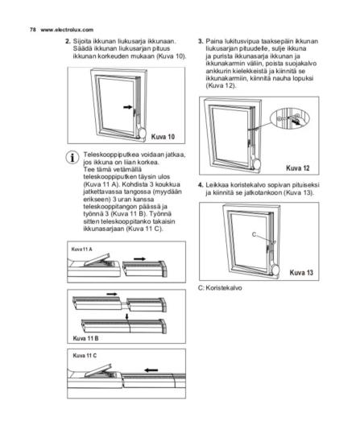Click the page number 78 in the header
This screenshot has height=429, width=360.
point(32,30)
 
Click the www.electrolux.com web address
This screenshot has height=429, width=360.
point(67,30)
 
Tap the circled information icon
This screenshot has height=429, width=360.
point(72,158)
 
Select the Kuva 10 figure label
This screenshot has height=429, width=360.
point(163,137)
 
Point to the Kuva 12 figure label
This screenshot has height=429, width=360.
point(298,167)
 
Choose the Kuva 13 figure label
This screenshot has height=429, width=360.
point(301,273)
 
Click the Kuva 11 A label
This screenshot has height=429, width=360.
point(81,249)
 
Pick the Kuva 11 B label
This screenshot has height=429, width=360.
point(85,338)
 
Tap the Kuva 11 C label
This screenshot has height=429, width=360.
point(85,356)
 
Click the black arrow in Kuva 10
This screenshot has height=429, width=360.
point(128,107)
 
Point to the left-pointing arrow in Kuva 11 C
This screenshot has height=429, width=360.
point(151,370)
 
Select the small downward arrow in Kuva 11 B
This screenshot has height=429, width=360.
point(126,316)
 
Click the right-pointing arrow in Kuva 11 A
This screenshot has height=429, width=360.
point(139,258)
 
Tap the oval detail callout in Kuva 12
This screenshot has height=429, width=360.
point(290,119)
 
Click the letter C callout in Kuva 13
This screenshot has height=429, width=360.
point(254,234)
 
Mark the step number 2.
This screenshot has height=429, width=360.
point(68,42)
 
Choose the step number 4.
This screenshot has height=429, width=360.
point(201,185)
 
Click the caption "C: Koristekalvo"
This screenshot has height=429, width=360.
point(220,288)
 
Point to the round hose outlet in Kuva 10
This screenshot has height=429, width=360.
point(143,134)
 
